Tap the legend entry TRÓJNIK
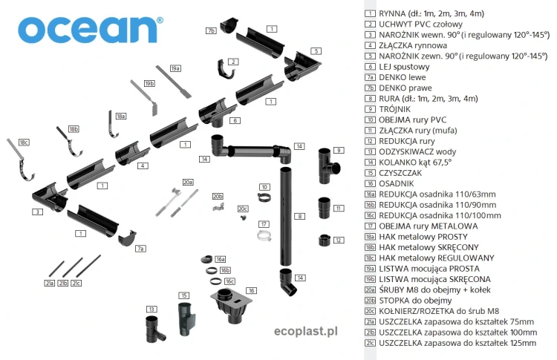[396, 108]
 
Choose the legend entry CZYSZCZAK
[401, 172]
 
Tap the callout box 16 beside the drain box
[251, 290]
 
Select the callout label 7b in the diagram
[212, 30]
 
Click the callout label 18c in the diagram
[24, 142]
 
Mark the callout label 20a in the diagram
[188, 182]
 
